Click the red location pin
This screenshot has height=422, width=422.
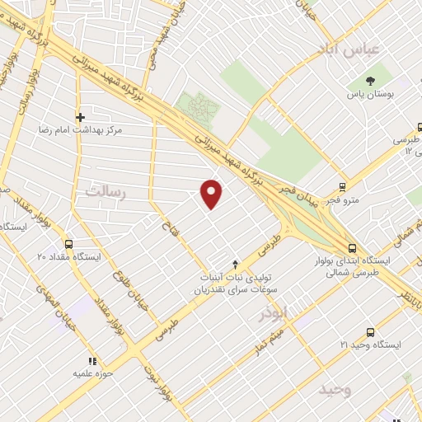(213, 194)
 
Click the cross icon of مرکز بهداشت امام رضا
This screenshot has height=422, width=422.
(79, 117)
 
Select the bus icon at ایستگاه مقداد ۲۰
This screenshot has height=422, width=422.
(68, 244)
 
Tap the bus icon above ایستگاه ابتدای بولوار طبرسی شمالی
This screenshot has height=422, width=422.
(352, 247)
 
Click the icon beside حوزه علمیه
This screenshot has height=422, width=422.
(92, 361)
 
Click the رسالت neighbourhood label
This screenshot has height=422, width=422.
(104, 191)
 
